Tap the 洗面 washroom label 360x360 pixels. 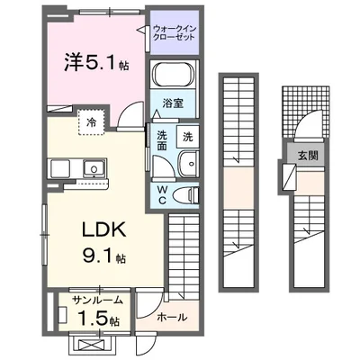click(x=162, y=139)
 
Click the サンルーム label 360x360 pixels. click(x=90, y=301)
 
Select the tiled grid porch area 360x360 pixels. click(x=291, y=112)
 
